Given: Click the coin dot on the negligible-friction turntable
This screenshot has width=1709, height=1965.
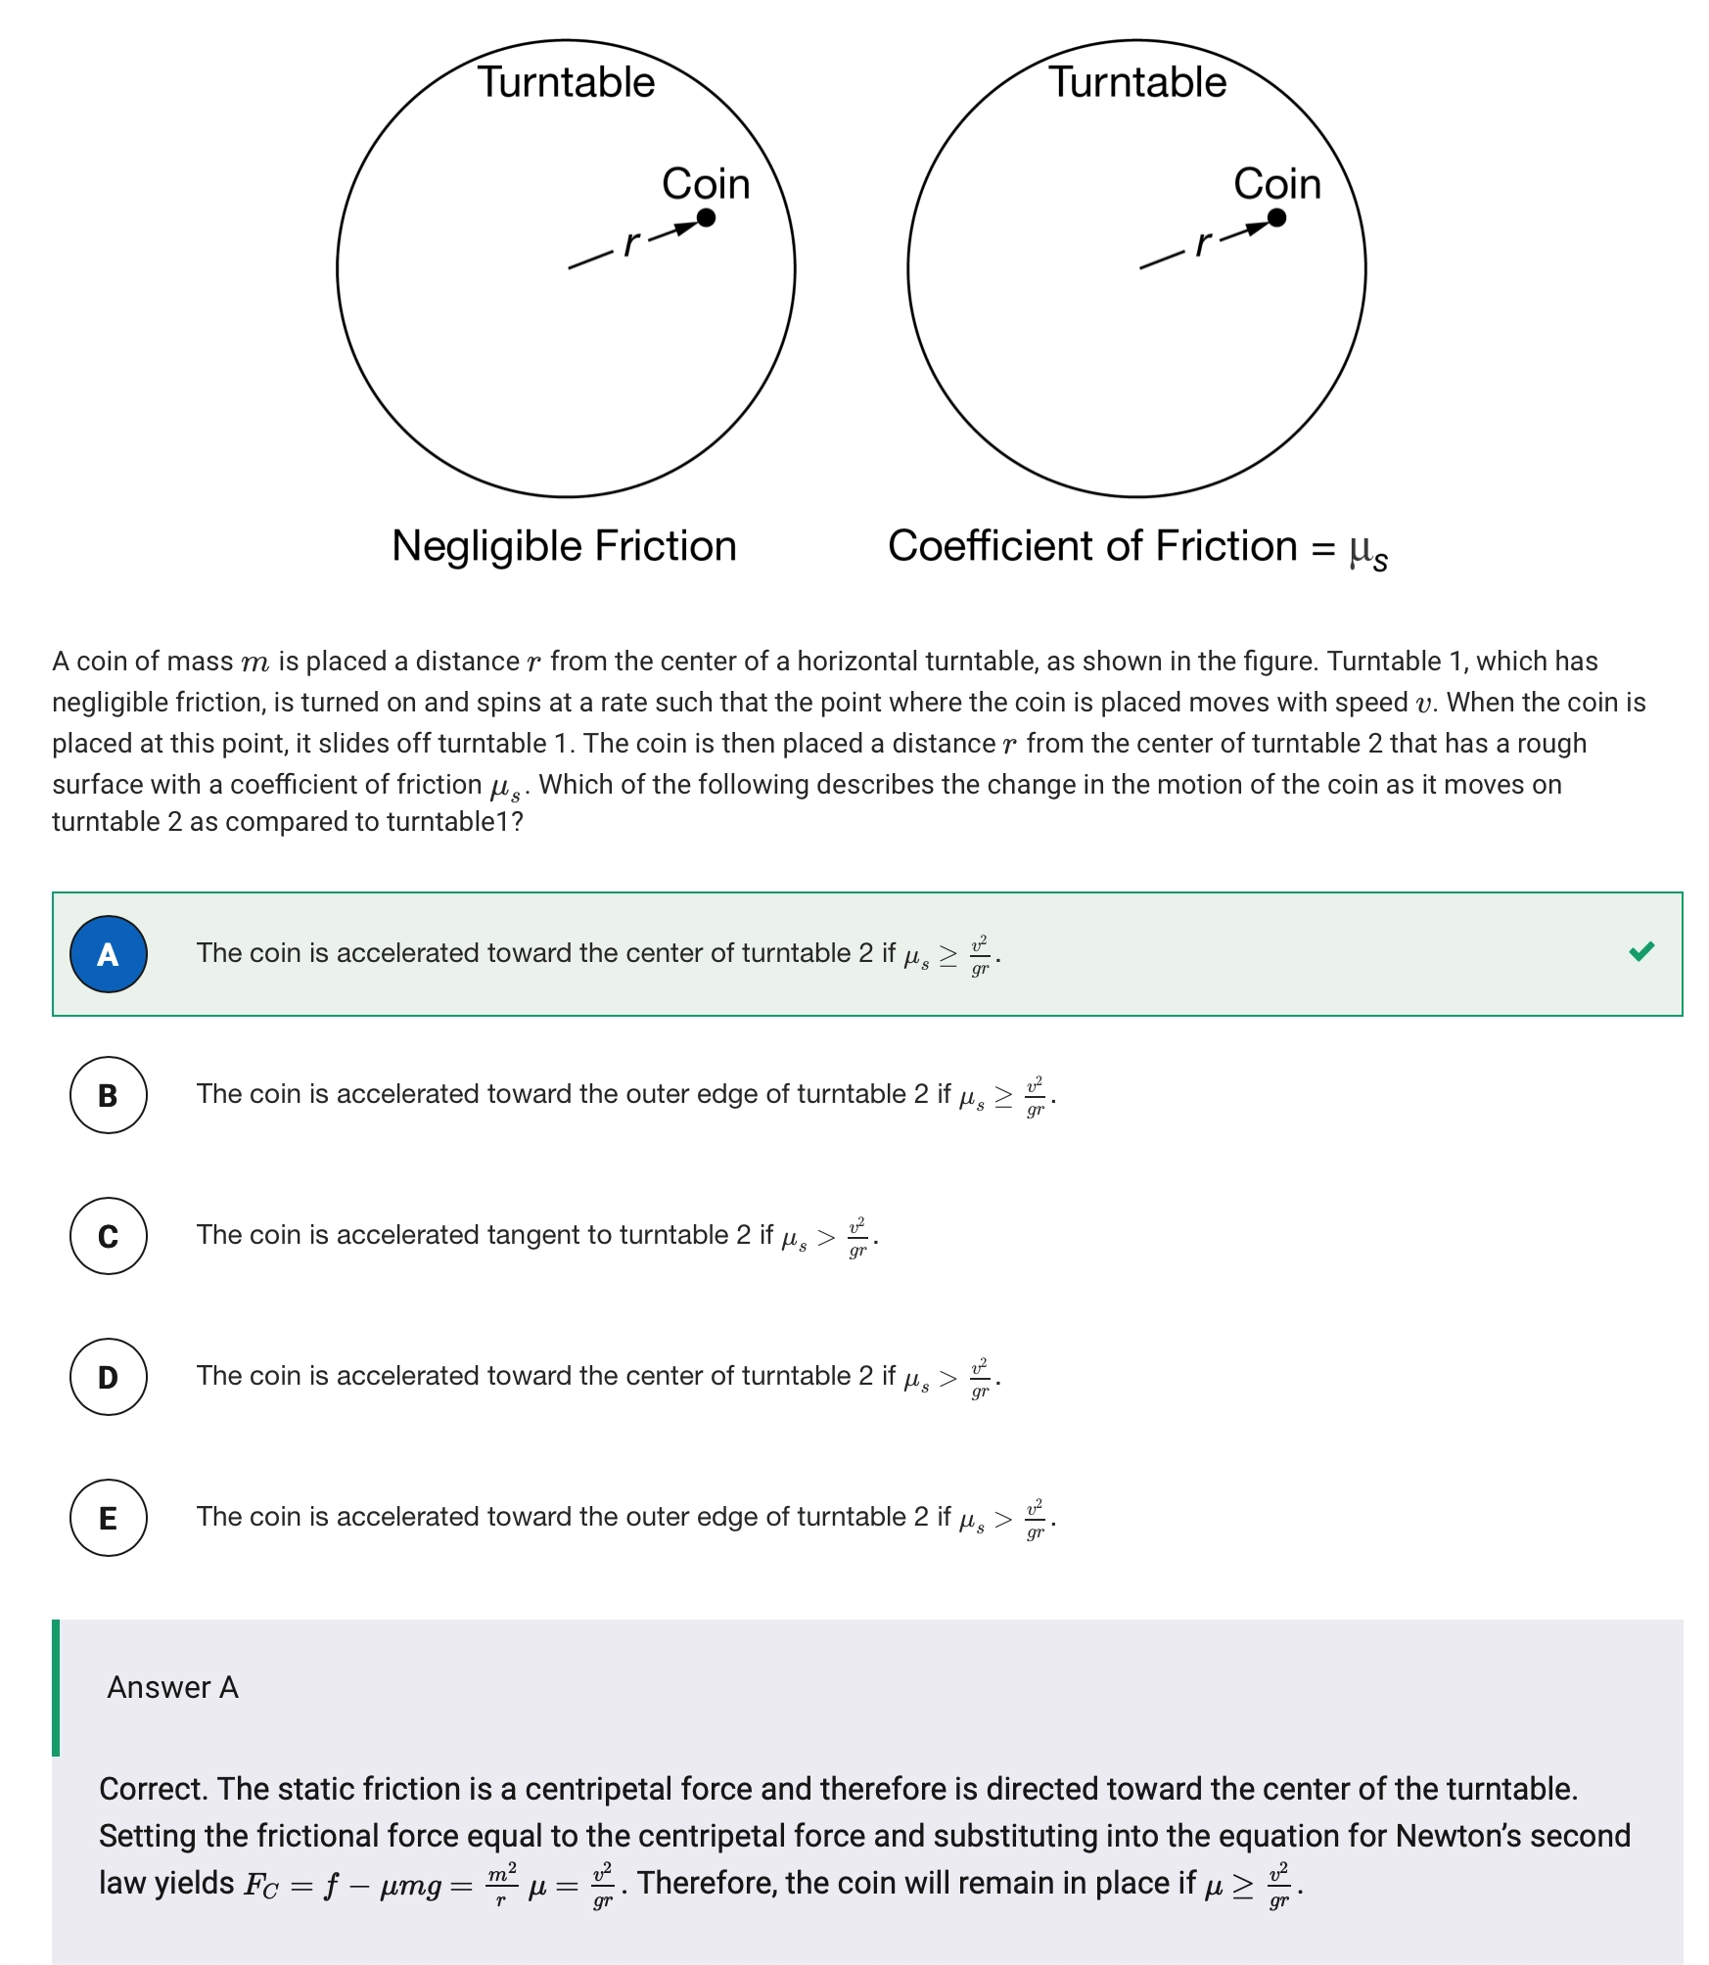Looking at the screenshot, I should (x=706, y=217).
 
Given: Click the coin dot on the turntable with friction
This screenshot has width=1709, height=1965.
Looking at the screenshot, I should (x=1276, y=217).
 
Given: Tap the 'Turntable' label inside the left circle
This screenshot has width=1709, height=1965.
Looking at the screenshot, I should (x=566, y=82).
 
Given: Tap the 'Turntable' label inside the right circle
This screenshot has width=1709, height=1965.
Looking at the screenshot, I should (x=1137, y=82).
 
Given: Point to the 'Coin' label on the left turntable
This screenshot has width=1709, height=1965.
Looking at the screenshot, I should (x=706, y=184).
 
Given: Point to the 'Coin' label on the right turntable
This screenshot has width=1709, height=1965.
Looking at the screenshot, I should (x=1276, y=184).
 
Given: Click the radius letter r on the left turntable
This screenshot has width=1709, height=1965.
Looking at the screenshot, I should (x=632, y=243).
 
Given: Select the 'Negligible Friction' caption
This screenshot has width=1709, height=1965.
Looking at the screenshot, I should (x=564, y=546).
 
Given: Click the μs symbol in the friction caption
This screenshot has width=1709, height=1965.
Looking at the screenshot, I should (x=1367, y=550).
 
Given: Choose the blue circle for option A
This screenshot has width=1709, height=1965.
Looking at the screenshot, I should (x=109, y=954).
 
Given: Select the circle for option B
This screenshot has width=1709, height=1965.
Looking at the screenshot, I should (x=109, y=1095).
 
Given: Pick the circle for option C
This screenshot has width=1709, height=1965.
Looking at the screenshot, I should (x=109, y=1236).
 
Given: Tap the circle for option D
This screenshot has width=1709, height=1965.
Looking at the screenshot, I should (x=109, y=1377).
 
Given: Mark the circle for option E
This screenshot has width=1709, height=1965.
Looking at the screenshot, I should (x=109, y=1518).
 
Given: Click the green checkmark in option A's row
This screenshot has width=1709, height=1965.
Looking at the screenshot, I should (x=1641, y=951).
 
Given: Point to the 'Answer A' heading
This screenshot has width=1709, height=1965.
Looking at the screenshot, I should (x=172, y=1687).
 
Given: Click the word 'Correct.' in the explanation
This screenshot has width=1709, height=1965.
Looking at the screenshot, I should (x=154, y=1789).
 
